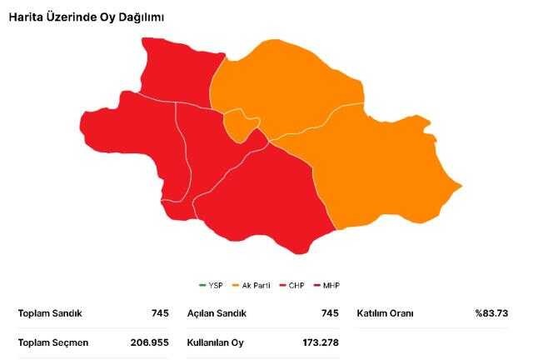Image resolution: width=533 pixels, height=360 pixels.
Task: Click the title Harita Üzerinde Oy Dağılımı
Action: click(74, 17)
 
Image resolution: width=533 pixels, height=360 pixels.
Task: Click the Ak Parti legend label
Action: click(255, 286)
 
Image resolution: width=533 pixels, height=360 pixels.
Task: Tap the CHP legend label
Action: click(296, 286)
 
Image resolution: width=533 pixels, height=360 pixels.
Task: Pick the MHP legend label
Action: click(331, 286)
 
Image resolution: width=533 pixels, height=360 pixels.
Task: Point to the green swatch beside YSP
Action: click(202, 286)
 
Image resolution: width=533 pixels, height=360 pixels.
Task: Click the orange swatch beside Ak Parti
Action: click(236, 286)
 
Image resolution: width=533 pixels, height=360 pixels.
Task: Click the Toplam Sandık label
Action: click(50, 314)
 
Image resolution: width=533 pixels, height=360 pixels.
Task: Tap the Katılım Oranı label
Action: click(385, 314)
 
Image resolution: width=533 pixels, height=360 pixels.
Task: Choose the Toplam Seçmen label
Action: click(53, 342)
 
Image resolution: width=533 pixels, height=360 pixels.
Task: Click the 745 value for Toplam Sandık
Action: click(160, 314)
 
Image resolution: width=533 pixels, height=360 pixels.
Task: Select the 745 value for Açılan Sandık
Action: click(329, 314)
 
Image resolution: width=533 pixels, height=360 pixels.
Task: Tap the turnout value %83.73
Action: click(491, 314)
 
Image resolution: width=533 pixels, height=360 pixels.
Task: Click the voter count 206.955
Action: click(150, 342)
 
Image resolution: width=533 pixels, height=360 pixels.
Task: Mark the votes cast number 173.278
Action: click(321, 342)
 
